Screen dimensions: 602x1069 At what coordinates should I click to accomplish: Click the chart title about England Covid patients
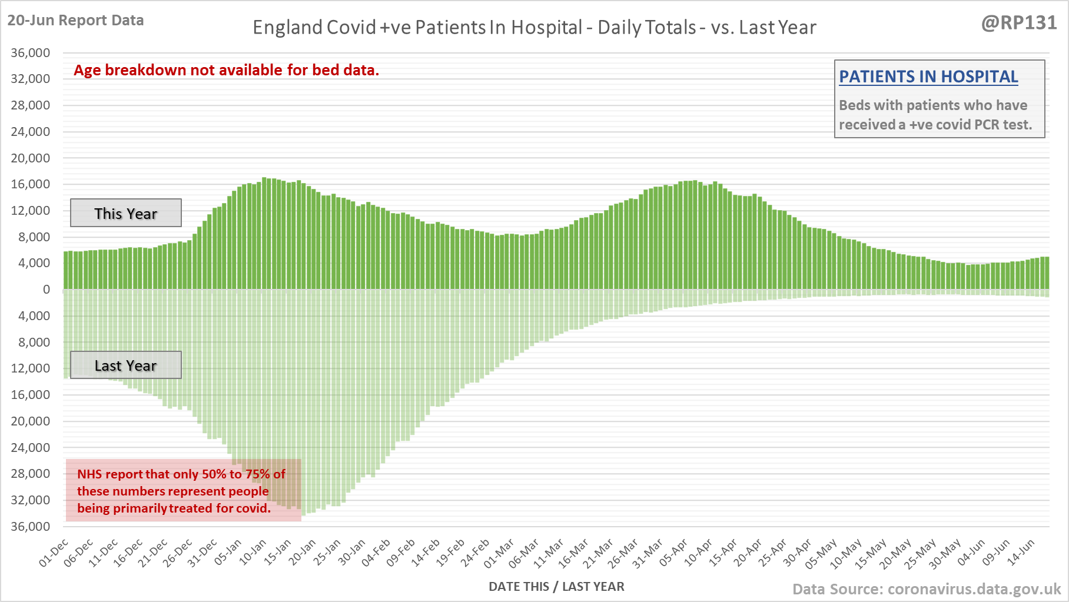coord(534,28)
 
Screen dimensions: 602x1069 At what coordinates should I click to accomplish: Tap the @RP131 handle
coord(1019,22)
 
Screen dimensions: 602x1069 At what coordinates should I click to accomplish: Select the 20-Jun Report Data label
coord(75,21)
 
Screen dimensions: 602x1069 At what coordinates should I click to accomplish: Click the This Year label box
coord(126,213)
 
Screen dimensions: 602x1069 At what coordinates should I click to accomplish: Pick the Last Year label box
coord(126,365)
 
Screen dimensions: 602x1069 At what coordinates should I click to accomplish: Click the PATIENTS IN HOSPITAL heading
coord(928,77)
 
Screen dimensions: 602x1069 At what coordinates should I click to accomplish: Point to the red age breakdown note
coord(227,70)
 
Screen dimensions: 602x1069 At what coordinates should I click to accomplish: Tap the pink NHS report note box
coord(183,491)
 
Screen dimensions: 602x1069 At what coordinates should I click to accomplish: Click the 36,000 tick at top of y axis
coord(31,53)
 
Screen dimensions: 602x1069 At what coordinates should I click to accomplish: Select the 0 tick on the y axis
coord(47,290)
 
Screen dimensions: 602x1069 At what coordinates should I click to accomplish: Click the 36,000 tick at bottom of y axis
coord(31,526)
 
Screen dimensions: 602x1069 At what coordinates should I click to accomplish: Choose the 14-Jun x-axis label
coord(1021,553)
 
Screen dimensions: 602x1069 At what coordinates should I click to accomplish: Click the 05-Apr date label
coord(673,553)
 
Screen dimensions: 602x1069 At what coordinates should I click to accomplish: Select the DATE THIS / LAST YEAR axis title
coord(556,586)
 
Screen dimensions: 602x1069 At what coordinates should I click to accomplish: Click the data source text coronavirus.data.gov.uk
coord(927,589)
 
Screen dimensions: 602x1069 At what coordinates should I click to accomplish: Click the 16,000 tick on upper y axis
coord(31,184)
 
